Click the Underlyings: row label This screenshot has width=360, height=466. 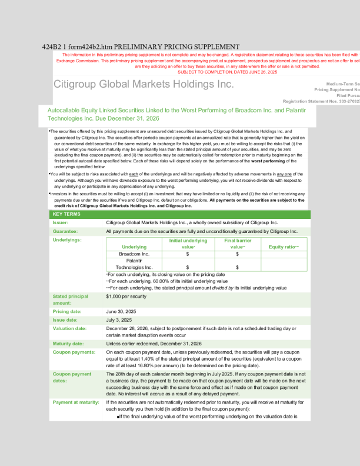(x=67, y=241)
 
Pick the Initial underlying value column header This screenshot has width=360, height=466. (x=188, y=244)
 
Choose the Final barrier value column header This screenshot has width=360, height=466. (x=238, y=244)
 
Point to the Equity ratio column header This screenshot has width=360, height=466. (x=284, y=247)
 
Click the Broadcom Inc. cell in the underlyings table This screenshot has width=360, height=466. (x=134, y=254)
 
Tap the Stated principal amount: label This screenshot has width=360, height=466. (x=70, y=299)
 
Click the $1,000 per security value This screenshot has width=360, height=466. (x=126, y=297)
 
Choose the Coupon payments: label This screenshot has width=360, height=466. (x=74, y=352)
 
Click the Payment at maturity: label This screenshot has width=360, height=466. (x=75, y=402)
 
